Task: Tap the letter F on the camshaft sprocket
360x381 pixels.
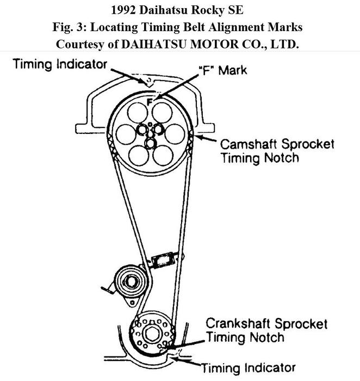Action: [150, 102]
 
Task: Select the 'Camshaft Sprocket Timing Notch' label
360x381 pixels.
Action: [276, 151]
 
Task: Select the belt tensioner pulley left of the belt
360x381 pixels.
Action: [130, 281]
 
